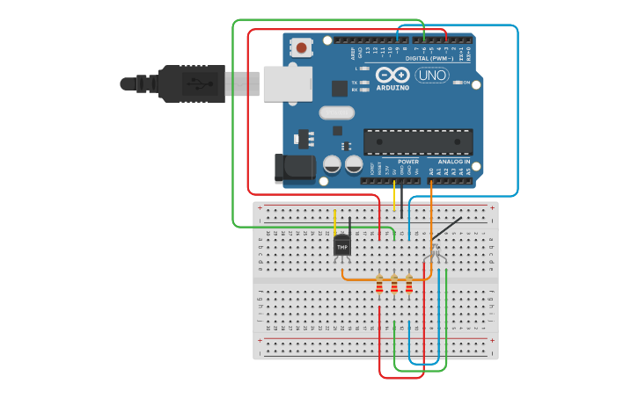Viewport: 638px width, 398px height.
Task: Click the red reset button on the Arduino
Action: point(302,47)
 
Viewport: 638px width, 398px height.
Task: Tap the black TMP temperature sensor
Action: point(342,247)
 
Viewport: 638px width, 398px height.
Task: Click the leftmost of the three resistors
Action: point(379,284)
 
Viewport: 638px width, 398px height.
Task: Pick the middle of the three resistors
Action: point(394,284)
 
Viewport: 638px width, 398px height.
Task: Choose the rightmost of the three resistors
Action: point(409,284)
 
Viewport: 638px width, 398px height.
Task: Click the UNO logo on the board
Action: point(432,76)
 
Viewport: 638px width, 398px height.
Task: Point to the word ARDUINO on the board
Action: point(392,88)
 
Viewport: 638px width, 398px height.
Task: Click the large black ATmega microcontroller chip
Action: point(418,141)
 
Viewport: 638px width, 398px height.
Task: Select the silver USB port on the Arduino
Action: point(287,83)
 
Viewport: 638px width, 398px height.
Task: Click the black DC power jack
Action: point(294,169)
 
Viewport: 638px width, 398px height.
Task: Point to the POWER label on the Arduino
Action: point(408,162)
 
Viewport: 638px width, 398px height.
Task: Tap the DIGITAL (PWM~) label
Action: point(436,58)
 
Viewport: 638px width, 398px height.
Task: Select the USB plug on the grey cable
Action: point(198,84)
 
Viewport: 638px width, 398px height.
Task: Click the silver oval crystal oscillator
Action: point(336,112)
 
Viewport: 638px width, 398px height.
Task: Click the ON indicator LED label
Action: point(466,83)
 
